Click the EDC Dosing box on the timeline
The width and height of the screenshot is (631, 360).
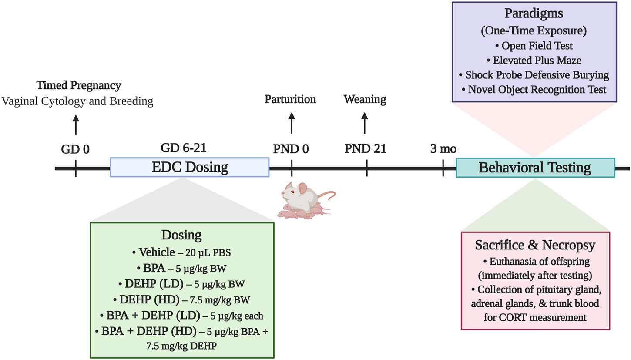tap(189, 168)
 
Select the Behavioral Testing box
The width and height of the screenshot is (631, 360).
tap(535, 168)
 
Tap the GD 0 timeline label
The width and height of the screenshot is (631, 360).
tap(75, 149)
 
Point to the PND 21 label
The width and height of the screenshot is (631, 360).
tap(366, 149)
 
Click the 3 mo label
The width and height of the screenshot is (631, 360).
tap(443, 149)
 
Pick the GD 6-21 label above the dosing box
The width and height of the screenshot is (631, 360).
tap(183, 148)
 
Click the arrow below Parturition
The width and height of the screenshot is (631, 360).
tap(291, 123)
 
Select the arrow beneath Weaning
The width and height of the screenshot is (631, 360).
tap(365, 123)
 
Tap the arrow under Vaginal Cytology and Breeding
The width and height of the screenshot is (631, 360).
tap(76, 124)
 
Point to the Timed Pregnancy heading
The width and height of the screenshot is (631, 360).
tap(79, 85)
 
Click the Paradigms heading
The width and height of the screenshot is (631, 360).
tap(534, 13)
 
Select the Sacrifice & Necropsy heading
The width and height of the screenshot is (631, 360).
tap(535, 246)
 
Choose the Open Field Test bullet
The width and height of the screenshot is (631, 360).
tap(534, 46)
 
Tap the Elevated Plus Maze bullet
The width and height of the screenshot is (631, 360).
tap(534, 60)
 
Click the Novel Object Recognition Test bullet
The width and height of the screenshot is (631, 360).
tap(534, 89)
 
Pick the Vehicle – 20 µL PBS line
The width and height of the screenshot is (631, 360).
tap(182, 252)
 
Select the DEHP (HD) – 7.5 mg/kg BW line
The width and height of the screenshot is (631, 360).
tap(182, 299)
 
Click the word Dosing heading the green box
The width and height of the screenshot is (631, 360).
tap(181, 235)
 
